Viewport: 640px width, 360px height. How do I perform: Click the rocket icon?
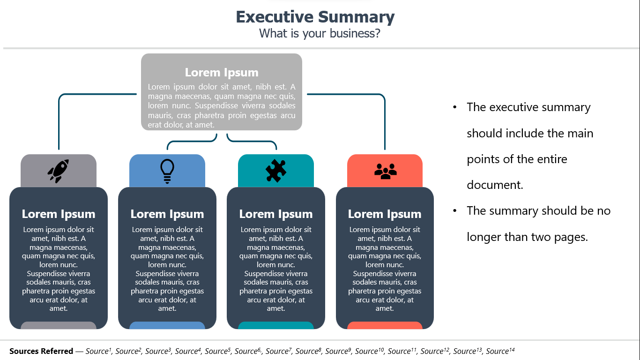(58, 171)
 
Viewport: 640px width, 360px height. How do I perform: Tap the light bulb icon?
(167, 171)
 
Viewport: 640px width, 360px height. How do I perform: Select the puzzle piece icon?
(275, 171)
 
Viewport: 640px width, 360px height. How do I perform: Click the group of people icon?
(386, 171)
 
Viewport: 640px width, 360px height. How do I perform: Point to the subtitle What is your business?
(320, 33)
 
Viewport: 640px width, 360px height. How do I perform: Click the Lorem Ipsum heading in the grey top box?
(222, 72)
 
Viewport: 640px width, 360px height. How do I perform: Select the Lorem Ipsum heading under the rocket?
(59, 214)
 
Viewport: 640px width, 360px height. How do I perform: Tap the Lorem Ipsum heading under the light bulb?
(167, 214)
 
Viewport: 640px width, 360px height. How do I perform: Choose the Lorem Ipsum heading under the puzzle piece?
(276, 214)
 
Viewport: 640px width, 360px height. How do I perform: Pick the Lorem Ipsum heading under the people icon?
(385, 214)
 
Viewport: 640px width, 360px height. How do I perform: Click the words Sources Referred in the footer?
(41, 351)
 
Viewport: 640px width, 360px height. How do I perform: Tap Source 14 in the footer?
(500, 351)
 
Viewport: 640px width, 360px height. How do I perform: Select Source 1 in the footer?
(98, 351)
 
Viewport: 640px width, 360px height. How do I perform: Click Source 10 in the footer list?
(369, 351)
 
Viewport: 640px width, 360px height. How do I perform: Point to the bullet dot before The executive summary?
(455, 107)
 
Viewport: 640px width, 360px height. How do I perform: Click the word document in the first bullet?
(494, 185)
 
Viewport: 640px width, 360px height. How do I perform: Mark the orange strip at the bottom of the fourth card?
(385, 325)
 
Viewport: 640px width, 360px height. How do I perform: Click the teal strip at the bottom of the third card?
(275, 325)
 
